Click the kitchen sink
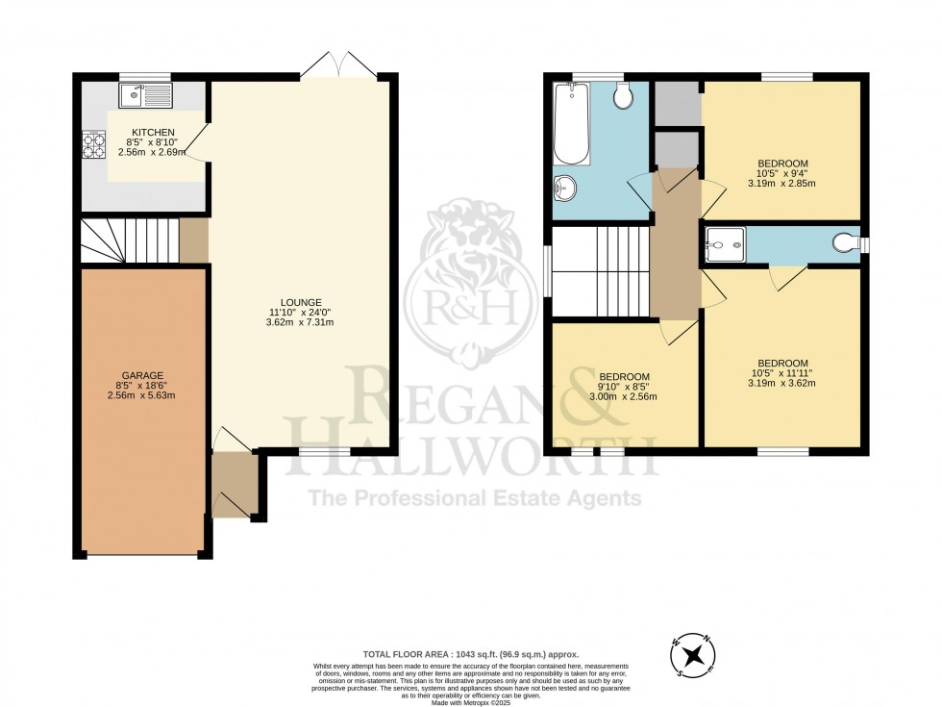pyautogui.click(x=145, y=94)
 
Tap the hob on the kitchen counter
pyautogui.click(x=94, y=144)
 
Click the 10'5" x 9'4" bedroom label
pyautogui.click(x=782, y=173)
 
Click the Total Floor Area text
pyautogui.click(x=470, y=653)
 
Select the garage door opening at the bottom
pyautogui.click(x=142, y=555)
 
